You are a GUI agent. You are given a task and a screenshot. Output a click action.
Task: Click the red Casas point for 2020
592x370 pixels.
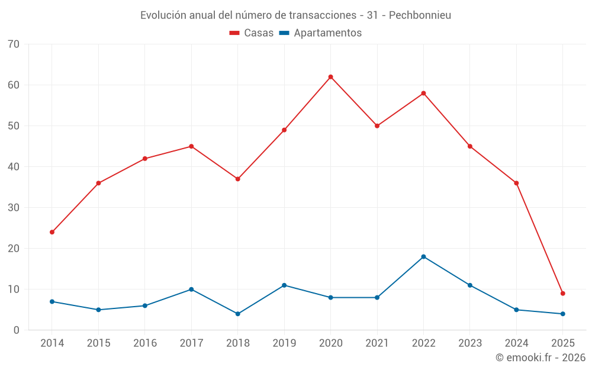(x=330, y=77)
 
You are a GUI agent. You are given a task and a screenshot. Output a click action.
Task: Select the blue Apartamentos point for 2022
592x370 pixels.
(x=423, y=256)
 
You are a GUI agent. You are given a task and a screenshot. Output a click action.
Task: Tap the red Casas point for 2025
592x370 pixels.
(x=562, y=293)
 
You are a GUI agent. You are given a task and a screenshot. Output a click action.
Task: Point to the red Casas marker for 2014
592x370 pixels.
(x=52, y=232)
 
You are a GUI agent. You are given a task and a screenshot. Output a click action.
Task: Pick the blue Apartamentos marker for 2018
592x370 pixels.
(x=237, y=314)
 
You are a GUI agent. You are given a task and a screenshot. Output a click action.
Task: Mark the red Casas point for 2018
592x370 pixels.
(x=237, y=179)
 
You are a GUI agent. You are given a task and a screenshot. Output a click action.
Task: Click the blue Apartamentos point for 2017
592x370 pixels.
(x=191, y=289)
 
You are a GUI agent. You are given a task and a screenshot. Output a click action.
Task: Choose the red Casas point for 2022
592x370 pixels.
(x=423, y=94)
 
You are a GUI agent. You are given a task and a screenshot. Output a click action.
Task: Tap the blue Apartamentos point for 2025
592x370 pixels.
(x=562, y=314)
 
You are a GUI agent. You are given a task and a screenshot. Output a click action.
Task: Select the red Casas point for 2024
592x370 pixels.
(x=516, y=183)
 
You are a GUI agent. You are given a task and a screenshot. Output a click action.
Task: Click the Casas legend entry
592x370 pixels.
(x=252, y=33)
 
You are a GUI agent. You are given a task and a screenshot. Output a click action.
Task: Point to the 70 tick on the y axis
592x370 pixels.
(x=14, y=44)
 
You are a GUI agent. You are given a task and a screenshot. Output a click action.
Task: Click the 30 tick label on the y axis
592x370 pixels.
(x=14, y=208)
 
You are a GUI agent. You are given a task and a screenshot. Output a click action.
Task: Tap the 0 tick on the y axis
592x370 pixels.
(x=17, y=330)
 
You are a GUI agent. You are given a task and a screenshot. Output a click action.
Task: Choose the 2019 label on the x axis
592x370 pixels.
(x=284, y=343)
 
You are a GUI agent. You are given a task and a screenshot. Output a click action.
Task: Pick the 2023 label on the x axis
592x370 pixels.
(x=469, y=343)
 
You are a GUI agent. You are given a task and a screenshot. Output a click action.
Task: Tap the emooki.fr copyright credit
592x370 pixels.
(x=540, y=358)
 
